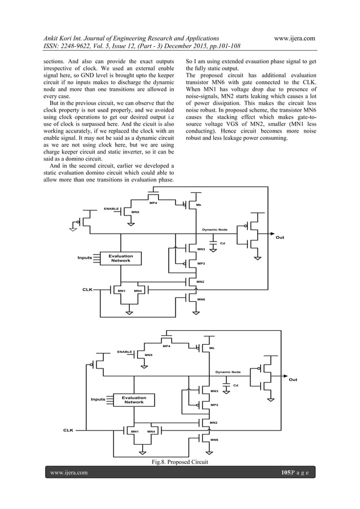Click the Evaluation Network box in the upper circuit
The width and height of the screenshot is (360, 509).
[x=121, y=258]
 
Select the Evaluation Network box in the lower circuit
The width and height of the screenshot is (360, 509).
[x=134, y=400]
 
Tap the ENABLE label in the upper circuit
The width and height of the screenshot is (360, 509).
[x=111, y=209]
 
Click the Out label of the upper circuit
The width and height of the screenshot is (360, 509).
[x=279, y=238]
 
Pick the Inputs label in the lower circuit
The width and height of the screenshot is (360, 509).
[x=98, y=399]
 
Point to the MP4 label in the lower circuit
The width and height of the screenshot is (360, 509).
[x=166, y=346]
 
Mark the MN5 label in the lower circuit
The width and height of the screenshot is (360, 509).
[x=149, y=355]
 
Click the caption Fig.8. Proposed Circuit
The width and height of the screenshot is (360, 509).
[x=179, y=462]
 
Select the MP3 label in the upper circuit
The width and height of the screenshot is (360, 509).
[x=200, y=264]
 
